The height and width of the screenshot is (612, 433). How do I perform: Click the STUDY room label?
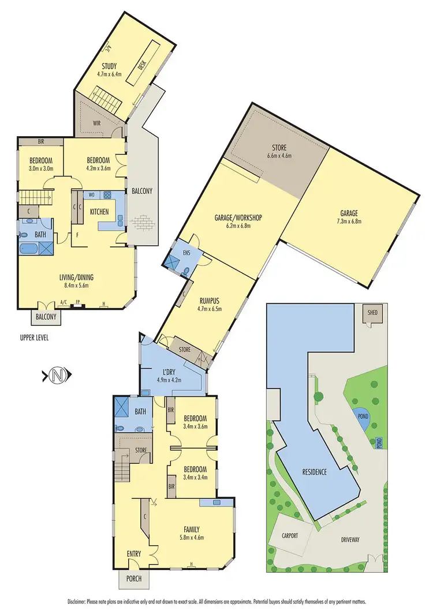(x=109, y=66)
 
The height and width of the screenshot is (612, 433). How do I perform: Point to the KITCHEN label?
(x=99, y=212)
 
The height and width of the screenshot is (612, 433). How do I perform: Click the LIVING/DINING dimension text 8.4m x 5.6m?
(x=76, y=284)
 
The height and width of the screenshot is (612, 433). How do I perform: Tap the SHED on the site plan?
(x=370, y=313)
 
